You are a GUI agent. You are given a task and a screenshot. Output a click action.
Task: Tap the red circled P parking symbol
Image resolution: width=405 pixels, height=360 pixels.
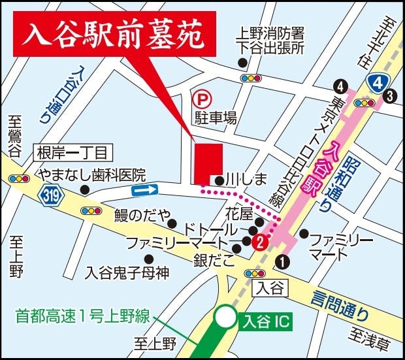pos(202,100)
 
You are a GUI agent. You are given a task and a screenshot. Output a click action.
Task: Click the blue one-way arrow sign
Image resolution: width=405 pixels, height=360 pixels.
pos(145,190)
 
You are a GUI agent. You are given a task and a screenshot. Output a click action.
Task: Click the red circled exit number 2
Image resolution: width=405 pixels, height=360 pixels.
pos(260,242)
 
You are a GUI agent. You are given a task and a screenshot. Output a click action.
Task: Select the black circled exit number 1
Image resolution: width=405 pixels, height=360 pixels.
pos(282,261)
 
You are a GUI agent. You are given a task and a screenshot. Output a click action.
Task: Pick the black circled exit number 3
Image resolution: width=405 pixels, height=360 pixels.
pos(390,97)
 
